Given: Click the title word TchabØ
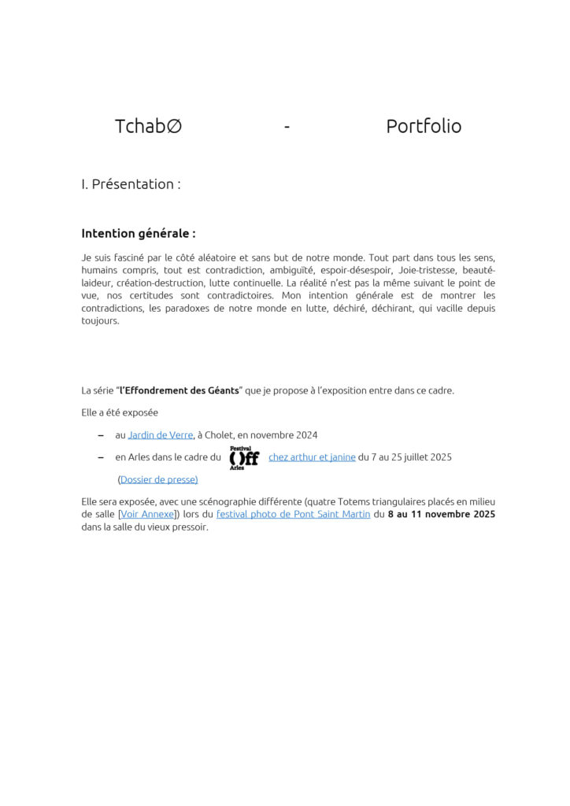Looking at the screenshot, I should coord(148,126).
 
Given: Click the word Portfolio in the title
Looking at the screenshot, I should coord(424,126).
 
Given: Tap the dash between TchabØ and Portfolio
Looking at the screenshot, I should coord(287,127).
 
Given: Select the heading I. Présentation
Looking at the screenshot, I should coord(131,184).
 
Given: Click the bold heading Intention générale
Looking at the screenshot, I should coord(138,234).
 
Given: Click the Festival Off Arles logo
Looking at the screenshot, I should coord(244,457).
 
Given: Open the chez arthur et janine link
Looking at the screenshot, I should coord(312,457).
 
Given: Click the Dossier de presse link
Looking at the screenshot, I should coord(158,479).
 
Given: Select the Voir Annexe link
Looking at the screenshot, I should coord(149,515).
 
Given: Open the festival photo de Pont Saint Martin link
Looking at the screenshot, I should coord(293,515).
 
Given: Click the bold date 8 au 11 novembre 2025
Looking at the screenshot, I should coord(442,515).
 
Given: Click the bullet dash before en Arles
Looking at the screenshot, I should coord(100,457).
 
